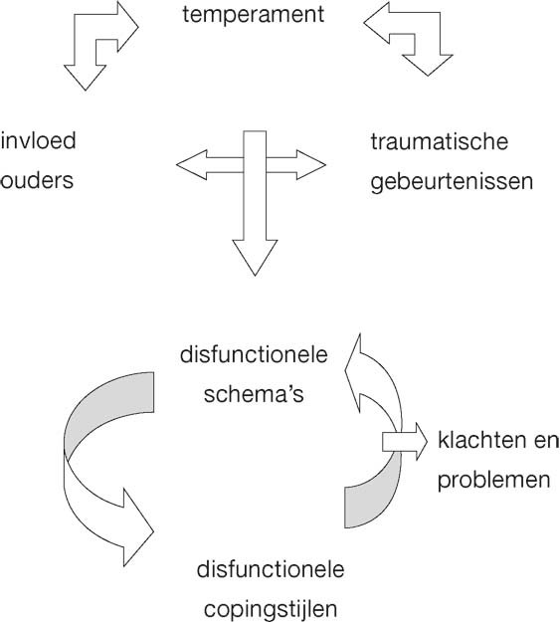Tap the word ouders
(38, 182)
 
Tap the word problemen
(493, 481)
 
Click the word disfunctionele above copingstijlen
(272, 569)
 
